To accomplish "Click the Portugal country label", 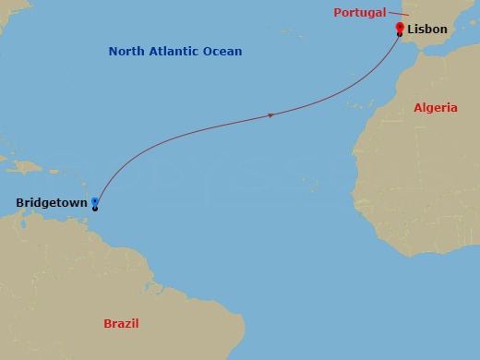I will pyautogui.click(x=360, y=12).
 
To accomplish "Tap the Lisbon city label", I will pyautogui.click(x=426, y=30).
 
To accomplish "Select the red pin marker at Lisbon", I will pyautogui.click(x=399, y=28).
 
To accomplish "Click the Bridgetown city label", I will pyautogui.click(x=52, y=202).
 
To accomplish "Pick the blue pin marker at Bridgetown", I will pyautogui.click(x=95, y=201).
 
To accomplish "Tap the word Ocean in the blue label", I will pyautogui.click(x=224, y=52).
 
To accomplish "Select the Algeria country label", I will pyautogui.click(x=436, y=108).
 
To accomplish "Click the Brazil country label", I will pyautogui.click(x=121, y=324).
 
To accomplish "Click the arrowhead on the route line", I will pyautogui.click(x=270, y=115).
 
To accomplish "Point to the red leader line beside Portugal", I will pyautogui.click(x=399, y=14).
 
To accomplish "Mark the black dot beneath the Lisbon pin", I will pyautogui.click(x=399, y=35).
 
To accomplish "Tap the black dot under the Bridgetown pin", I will pyautogui.click(x=95, y=209).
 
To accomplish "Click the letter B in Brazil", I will pyautogui.click(x=107, y=324).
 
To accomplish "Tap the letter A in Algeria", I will pyautogui.click(x=418, y=108).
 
